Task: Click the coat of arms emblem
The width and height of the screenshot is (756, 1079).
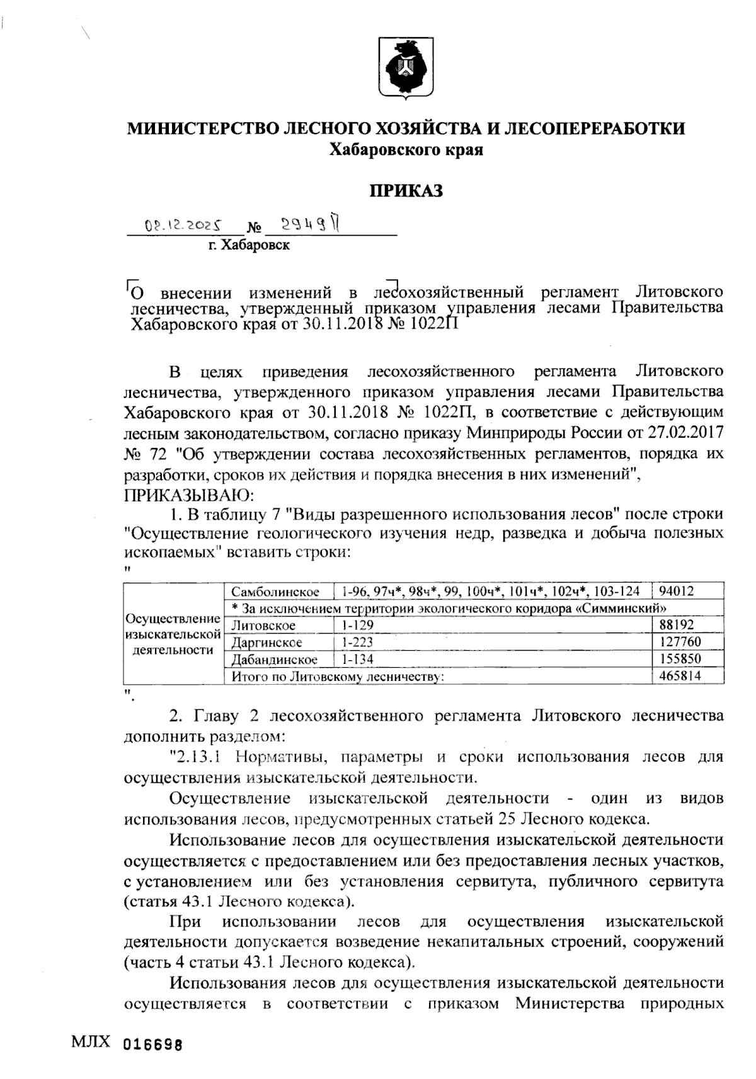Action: coord(406,68)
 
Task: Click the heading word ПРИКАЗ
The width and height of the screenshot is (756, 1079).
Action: coord(406,190)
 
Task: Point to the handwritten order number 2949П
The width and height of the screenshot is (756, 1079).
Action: coord(309,224)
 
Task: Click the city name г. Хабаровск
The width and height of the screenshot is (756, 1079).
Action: coord(249,246)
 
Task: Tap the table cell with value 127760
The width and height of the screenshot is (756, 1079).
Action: coord(680,642)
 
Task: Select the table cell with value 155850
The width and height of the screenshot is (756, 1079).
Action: coord(680,659)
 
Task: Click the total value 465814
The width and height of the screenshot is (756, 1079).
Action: coord(680,676)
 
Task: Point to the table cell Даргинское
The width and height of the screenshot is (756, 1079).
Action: coord(267,642)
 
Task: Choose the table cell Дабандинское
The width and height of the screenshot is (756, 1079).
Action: coord(273,659)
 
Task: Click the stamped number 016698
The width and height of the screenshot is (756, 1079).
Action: coord(153,1044)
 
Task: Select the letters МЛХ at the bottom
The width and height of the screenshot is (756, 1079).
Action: coord(91,1041)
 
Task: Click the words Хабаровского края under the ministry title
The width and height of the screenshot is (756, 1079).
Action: coord(406,150)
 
